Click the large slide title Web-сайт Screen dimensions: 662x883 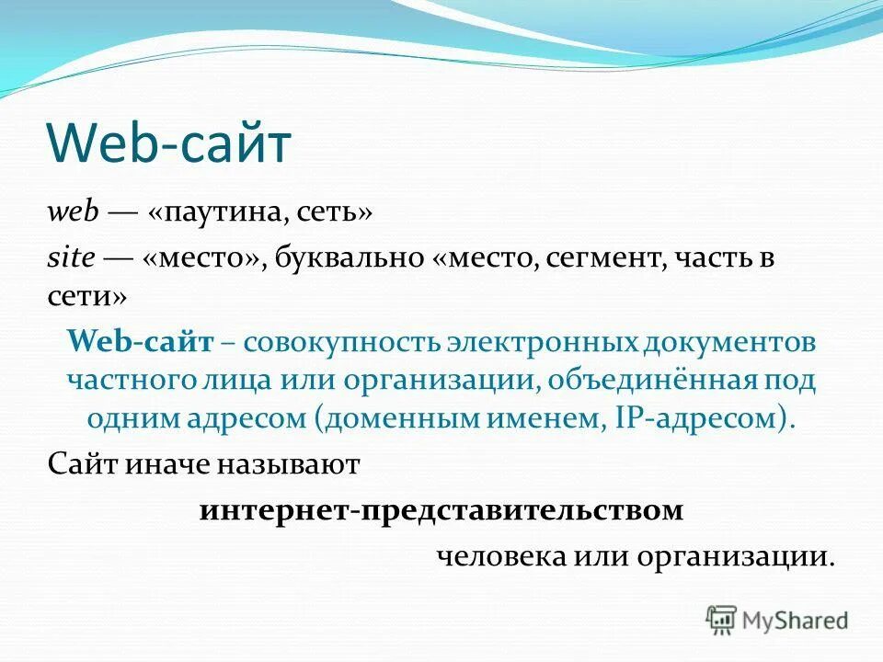point(168,144)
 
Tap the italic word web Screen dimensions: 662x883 point(73,212)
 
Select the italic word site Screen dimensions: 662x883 point(71,259)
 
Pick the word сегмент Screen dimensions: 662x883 point(602,259)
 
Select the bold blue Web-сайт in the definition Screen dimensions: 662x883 point(141,342)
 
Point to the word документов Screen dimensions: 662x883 point(730,342)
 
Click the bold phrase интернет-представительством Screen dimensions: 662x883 point(441,510)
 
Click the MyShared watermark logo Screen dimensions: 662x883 point(777,620)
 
